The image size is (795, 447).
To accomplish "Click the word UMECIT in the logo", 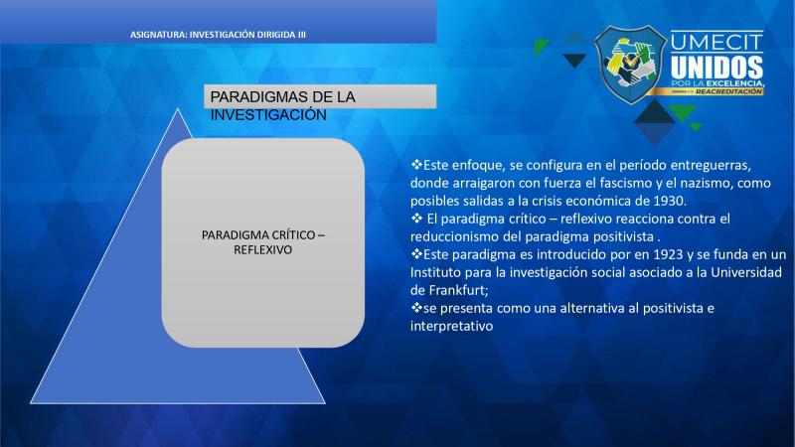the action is click(716, 42).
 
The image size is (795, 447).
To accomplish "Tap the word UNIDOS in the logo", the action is click(716, 67).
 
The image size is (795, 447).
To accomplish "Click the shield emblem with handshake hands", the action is click(630, 65).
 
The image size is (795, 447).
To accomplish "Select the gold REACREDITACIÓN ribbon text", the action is click(728, 91).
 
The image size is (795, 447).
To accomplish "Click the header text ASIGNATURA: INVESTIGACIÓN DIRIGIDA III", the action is click(218, 35).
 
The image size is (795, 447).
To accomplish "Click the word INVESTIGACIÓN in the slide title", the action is click(268, 115).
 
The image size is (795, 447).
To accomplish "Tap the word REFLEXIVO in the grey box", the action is click(262, 250).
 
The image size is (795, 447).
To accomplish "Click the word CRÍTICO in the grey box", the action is click(290, 235).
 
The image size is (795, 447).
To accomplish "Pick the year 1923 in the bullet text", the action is click(668, 254).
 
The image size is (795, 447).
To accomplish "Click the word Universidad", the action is click(746, 272).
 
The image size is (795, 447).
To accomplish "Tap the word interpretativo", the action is click(451, 326).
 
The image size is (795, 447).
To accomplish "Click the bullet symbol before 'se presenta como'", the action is click(416, 307).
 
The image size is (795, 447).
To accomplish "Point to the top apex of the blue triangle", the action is click(178, 108).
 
